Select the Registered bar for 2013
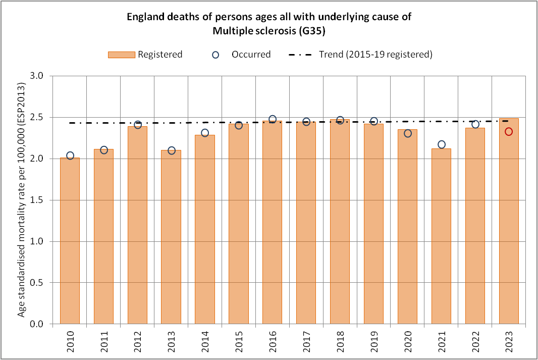point(171,237)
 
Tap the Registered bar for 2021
point(441,236)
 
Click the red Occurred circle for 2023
point(509,132)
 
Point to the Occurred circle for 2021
point(442,144)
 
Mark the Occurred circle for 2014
point(205,133)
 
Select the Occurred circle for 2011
point(104,150)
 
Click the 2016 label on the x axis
point(273,341)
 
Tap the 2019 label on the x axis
point(374,341)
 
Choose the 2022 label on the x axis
point(475,341)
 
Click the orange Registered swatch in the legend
point(121,55)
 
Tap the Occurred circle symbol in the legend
point(216,55)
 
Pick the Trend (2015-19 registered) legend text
point(375,55)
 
